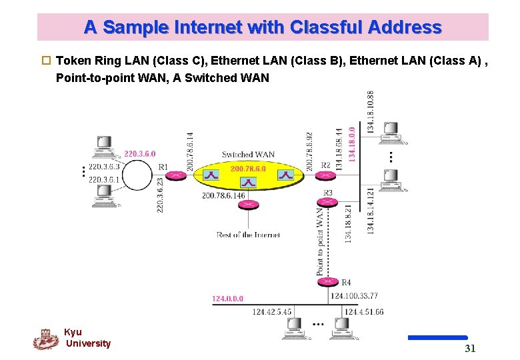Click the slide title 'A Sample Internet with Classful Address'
263,27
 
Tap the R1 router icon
175,175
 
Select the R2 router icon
325,175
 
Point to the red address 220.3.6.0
139,153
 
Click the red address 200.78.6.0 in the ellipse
248,169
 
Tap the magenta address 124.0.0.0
227,299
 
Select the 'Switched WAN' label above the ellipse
247,155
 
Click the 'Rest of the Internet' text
247,235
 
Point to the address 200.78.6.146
223,195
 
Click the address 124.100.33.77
354,296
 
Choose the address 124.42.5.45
271,311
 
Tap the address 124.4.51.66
363,311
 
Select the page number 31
470,348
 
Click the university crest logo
45,339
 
